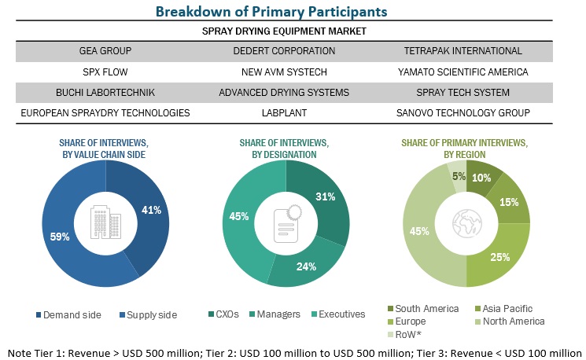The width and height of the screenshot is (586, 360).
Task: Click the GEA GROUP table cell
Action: click(x=105, y=51)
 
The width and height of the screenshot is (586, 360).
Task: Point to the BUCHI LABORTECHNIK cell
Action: click(x=105, y=92)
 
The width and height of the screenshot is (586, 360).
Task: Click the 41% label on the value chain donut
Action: click(x=152, y=210)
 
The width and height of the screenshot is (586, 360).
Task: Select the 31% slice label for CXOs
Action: click(x=325, y=196)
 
